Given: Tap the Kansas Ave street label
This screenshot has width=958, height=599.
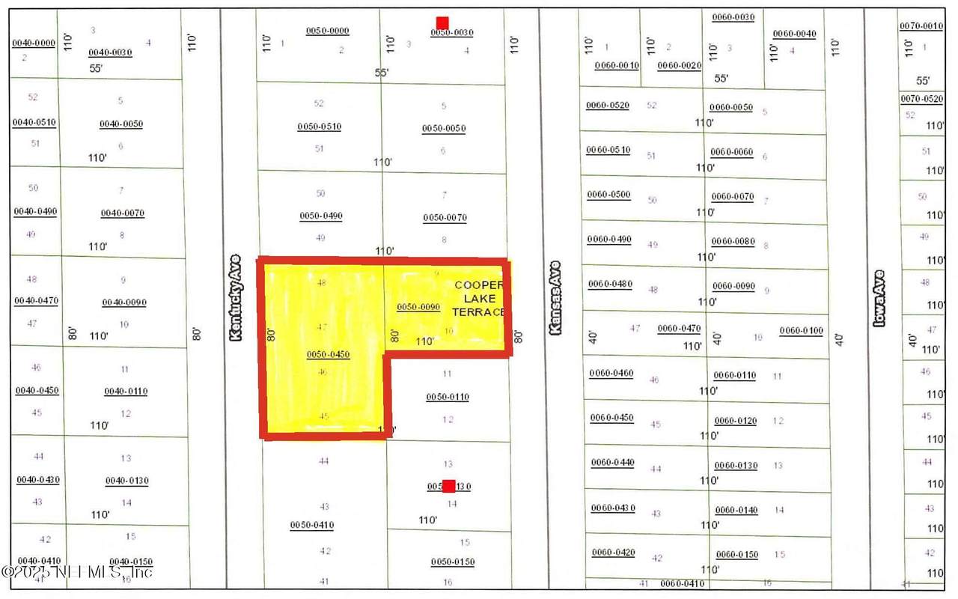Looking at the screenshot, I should pyautogui.click(x=555, y=297).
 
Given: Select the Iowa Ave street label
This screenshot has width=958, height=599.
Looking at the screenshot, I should pyautogui.click(x=880, y=297).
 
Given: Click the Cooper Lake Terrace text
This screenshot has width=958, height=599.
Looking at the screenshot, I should pyautogui.click(x=479, y=298).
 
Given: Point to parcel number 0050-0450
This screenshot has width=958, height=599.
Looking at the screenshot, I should pyautogui.click(x=329, y=354).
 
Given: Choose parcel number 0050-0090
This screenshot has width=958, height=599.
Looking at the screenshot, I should pyautogui.click(x=418, y=307).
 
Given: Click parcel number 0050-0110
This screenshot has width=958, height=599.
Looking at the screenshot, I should pyautogui.click(x=448, y=397).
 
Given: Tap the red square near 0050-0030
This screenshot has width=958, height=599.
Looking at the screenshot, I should pyautogui.click(x=442, y=23).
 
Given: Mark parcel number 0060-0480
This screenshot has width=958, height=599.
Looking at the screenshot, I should pyautogui.click(x=610, y=284).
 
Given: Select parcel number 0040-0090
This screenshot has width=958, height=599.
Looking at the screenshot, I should pyautogui.click(x=124, y=302).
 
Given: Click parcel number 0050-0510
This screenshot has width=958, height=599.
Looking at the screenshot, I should pyautogui.click(x=320, y=127).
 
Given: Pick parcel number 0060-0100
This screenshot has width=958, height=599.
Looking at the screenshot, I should pyautogui.click(x=801, y=330).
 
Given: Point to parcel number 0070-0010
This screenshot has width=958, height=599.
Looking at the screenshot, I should pyautogui.click(x=921, y=26).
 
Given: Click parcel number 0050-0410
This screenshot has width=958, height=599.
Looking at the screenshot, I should pyautogui.click(x=312, y=525).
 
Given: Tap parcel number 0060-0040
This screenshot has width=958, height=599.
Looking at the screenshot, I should pyautogui.click(x=794, y=34).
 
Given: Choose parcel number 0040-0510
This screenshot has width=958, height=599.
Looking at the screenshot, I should pyautogui.click(x=34, y=122).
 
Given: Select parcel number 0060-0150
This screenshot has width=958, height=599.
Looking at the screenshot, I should pyautogui.click(x=737, y=555).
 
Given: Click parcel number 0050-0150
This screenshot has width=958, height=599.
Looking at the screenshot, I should pyautogui.click(x=453, y=562).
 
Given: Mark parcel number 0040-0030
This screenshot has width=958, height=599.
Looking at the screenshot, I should pyautogui.click(x=110, y=52).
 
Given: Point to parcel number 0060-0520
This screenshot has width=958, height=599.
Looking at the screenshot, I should pyautogui.click(x=608, y=105).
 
